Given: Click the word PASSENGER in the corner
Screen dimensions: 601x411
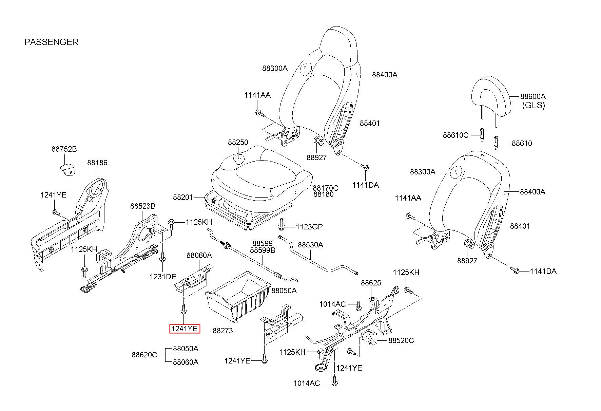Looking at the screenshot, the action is (51, 42).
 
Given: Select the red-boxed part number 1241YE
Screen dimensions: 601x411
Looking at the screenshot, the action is (185, 329).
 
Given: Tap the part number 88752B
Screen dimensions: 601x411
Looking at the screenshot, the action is (64, 149).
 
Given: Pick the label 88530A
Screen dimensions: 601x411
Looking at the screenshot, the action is (310, 244).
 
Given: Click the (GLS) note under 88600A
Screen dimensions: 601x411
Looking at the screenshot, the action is (533, 105).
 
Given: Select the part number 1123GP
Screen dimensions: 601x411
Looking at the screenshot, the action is (309, 227).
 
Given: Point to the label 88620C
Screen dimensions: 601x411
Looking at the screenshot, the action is (144, 355).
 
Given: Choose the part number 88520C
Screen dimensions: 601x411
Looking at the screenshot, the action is (401, 340).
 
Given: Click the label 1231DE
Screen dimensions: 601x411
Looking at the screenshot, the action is (163, 277).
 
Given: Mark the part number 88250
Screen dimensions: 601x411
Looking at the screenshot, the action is (238, 143).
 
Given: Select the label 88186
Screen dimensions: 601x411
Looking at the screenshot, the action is (97, 163).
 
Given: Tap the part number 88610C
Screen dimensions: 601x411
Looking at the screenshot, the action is (455, 135).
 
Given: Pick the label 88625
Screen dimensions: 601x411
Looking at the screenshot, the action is (371, 283).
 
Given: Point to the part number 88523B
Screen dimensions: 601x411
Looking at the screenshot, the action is (143, 206).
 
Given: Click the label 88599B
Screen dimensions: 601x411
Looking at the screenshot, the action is (263, 250).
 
